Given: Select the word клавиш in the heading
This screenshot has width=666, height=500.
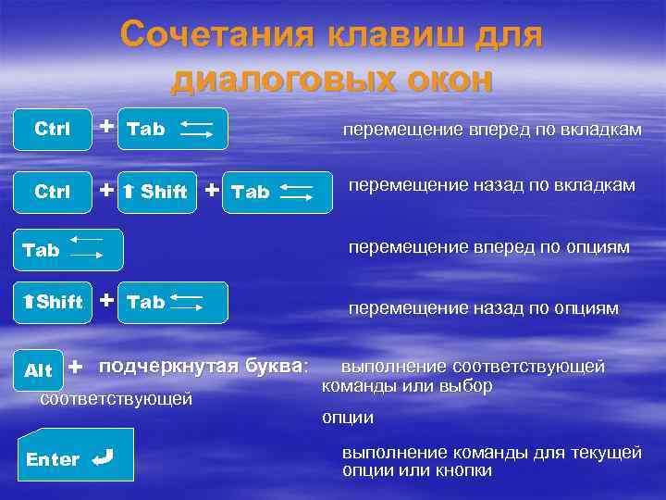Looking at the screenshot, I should [x=394, y=36].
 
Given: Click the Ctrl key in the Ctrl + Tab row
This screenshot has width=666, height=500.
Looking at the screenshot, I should [x=52, y=129].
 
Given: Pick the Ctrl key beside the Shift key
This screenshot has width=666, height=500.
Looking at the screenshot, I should [x=52, y=192].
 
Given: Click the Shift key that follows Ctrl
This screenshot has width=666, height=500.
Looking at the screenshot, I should [x=155, y=192].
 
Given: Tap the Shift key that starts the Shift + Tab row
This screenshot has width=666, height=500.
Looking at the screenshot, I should [x=53, y=302].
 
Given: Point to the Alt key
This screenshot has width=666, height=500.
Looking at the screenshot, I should [x=39, y=370].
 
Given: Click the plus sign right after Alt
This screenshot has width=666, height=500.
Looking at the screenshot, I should [x=75, y=368].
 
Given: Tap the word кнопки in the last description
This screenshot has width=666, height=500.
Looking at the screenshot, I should [x=462, y=470].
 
